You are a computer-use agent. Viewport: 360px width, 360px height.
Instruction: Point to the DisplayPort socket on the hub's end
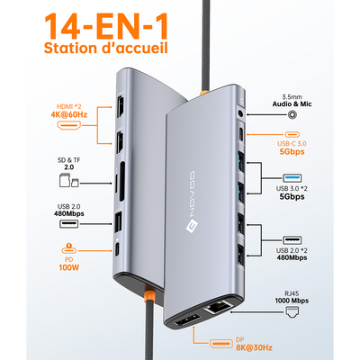183,319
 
